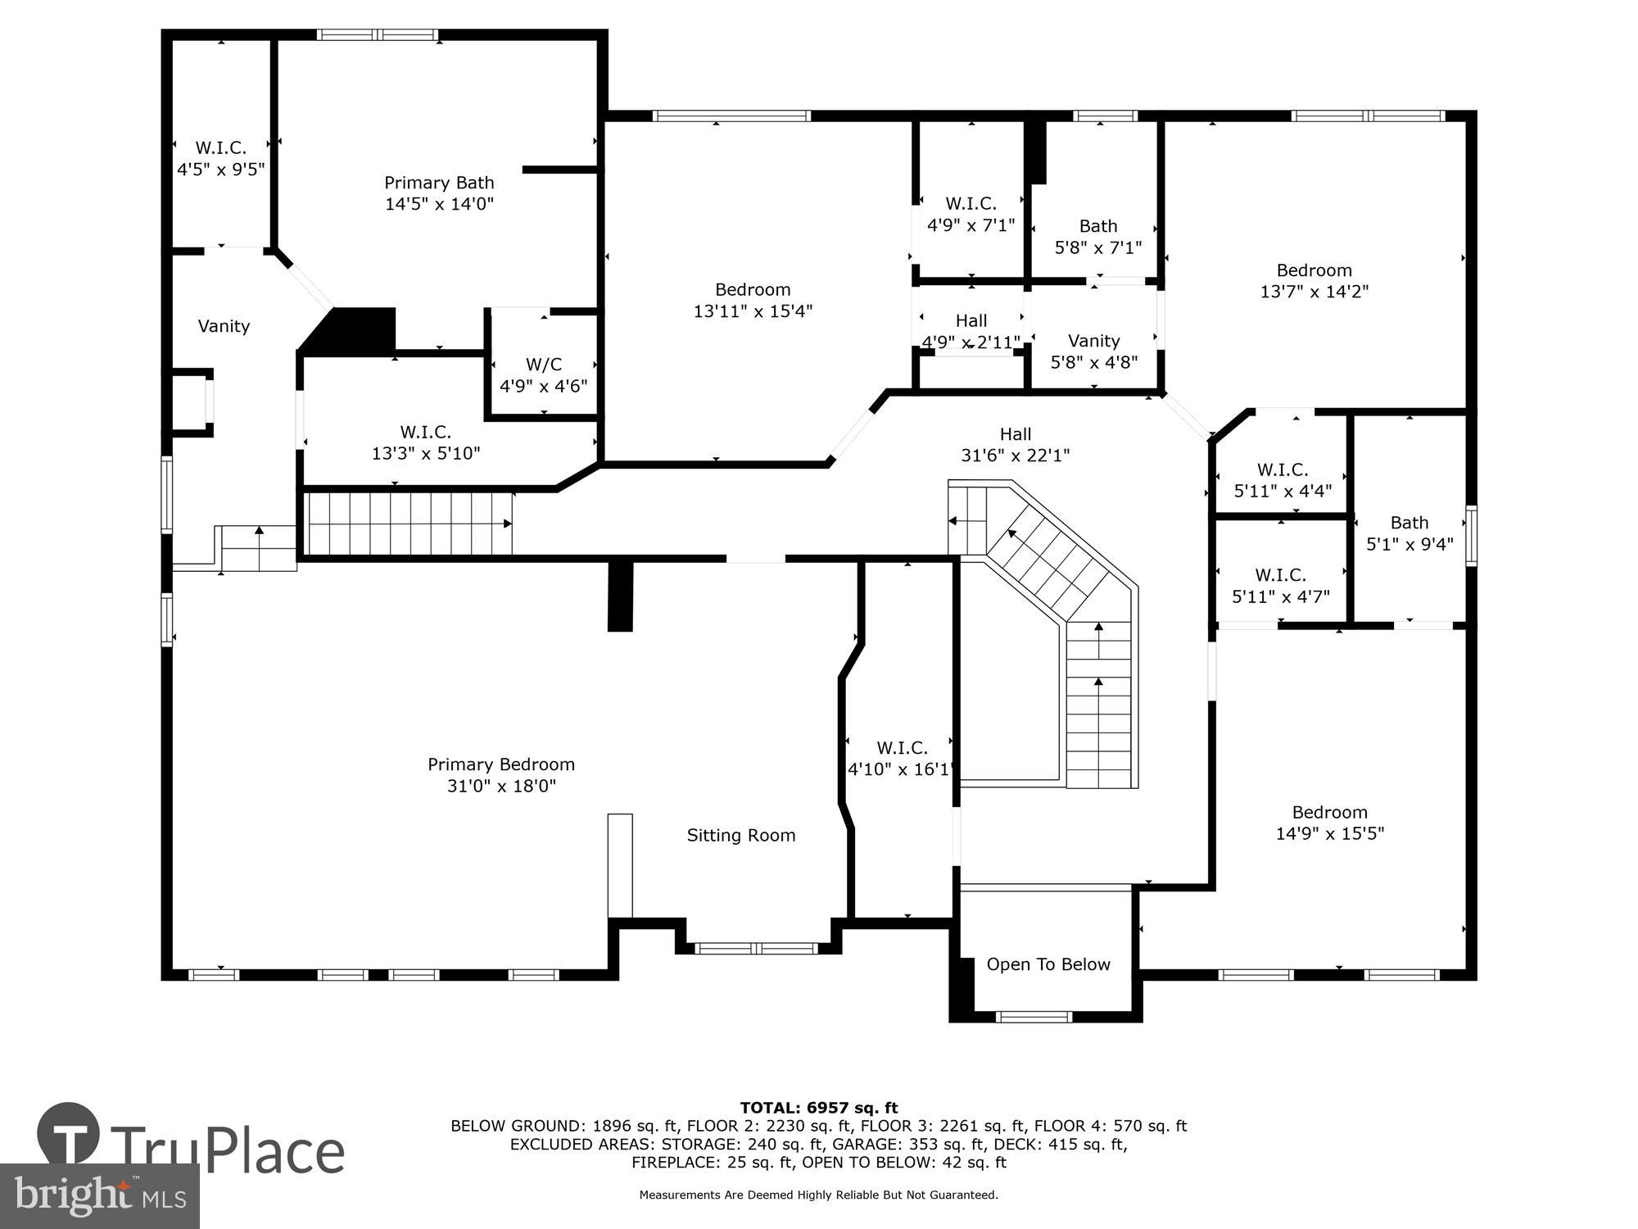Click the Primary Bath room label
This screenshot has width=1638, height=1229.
439,183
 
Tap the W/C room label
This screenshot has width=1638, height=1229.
544,365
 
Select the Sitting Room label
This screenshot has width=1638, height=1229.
740,835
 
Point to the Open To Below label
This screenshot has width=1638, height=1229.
1048,964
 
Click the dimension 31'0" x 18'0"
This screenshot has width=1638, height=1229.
501,786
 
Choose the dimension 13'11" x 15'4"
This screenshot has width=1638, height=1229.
753,311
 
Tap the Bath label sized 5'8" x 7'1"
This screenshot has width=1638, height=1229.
1097,226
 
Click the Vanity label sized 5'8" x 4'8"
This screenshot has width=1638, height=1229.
1093,341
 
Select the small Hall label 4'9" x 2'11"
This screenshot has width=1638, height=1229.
971,321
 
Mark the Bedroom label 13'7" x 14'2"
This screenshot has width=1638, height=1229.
1314,270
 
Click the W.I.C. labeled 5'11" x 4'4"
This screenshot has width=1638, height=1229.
1282,470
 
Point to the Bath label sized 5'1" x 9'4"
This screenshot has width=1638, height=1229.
1409,523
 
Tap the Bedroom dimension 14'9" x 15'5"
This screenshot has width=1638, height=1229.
1329,833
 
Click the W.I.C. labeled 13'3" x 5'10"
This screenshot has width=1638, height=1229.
425,432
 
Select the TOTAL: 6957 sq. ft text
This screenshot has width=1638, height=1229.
818,1108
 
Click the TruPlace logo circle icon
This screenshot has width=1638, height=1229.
69,1134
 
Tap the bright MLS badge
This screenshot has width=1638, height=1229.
100,1196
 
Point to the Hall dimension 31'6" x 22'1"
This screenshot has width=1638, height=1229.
1015,456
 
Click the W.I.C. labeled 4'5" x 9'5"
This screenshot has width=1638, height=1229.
220,148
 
